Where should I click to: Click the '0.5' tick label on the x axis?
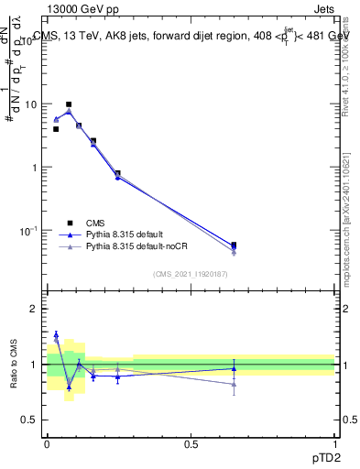click(x=191, y=442)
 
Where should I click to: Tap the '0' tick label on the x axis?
click(x=47, y=442)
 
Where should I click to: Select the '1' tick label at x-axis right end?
click(x=333, y=442)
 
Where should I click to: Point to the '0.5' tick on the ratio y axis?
click(x=29, y=420)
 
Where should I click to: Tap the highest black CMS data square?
click(x=69, y=104)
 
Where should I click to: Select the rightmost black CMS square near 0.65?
click(x=235, y=245)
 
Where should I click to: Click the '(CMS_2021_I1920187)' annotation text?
click(x=191, y=273)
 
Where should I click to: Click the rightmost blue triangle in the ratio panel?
click(x=235, y=368)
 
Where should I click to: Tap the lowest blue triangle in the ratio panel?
click(x=69, y=387)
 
